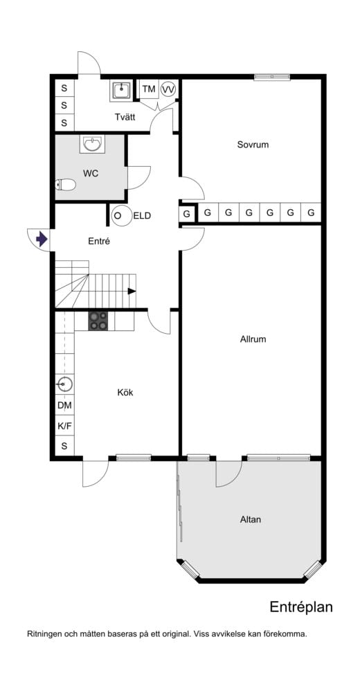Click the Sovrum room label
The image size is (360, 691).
253,144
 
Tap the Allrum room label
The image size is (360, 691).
253,339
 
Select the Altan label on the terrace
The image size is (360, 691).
251,519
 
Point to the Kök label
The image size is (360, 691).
125,392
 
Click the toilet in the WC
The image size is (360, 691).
65,185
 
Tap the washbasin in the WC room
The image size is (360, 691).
92,143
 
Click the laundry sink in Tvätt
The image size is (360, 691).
120,91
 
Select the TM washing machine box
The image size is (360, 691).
149,89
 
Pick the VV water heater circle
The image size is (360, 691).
168,89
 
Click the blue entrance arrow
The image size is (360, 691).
42,240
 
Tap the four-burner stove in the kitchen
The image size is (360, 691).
98,321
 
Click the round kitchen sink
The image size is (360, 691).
64,385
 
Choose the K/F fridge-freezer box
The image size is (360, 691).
64,426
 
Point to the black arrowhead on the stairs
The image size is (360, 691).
132,291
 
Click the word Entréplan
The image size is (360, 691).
301,607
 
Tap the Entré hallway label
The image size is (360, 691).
99,241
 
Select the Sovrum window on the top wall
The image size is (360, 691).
272,77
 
